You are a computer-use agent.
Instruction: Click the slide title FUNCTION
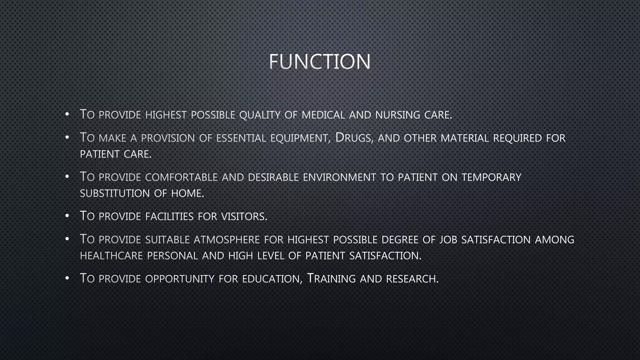pos(320,61)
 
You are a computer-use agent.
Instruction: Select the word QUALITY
pos(260,115)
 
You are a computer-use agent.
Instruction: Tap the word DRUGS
pos(354,138)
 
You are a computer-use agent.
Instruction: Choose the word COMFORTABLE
pos(181,177)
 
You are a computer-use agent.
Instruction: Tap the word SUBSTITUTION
pos(115,193)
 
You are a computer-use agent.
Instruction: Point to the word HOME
pos(187,193)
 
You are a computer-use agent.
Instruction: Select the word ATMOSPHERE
pos(227,240)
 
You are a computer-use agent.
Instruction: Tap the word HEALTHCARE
pos(111,256)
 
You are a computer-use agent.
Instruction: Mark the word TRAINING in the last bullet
pos(331,278)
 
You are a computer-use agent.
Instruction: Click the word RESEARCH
pos(412,279)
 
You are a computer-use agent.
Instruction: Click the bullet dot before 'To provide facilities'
pos(67,216)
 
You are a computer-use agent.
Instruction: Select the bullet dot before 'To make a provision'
pos(67,138)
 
